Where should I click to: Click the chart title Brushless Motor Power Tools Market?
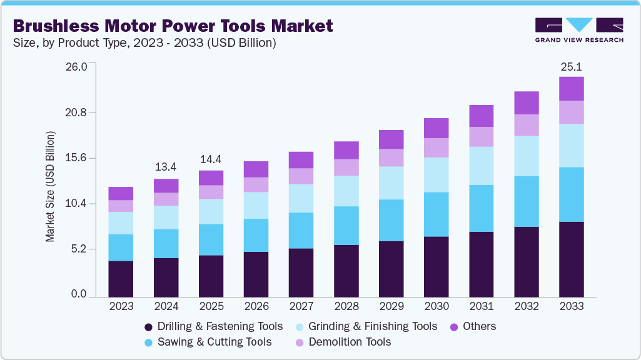click(173, 26)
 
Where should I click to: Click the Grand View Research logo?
click(579, 29)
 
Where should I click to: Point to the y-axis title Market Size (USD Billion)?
click(50, 187)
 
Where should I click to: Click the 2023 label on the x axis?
click(121, 306)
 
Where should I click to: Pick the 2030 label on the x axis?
click(436, 306)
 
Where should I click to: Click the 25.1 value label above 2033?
click(571, 66)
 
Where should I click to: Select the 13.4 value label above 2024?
click(166, 167)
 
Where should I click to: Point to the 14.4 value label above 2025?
click(211, 159)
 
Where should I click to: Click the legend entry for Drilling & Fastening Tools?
click(213, 326)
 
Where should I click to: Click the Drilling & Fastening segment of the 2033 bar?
click(571, 259)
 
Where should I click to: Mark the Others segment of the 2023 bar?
click(121, 193)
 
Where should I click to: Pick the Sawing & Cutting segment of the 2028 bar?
click(346, 225)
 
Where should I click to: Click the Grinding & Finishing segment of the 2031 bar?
click(481, 166)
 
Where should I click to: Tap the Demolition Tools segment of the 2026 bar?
click(256, 184)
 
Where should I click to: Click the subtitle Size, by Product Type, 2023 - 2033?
click(144, 43)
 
